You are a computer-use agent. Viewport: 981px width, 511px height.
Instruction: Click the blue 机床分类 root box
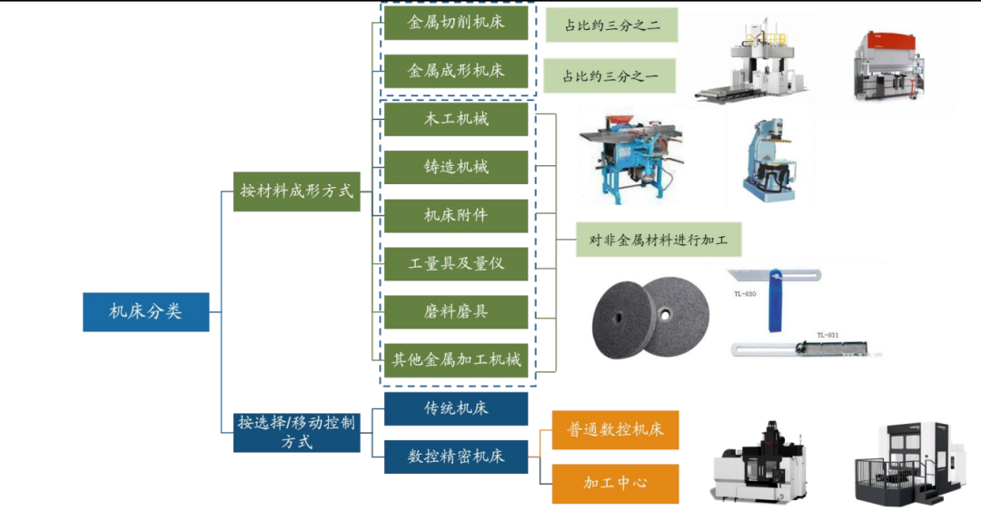tap(145, 311)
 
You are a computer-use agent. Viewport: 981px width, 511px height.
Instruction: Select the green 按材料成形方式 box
tap(296, 192)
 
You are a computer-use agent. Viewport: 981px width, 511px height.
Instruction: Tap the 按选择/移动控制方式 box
tap(296, 432)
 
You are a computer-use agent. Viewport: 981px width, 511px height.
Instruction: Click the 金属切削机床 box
tap(456, 23)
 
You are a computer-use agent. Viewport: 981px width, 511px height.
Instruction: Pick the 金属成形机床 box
tap(456, 71)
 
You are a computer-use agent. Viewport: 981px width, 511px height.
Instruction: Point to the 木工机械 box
tap(456, 119)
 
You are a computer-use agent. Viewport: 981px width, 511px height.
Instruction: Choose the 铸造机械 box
tap(456, 167)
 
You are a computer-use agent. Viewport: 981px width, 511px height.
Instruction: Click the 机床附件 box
tap(456, 216)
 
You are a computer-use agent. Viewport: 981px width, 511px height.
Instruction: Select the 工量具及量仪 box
tap(456, 264)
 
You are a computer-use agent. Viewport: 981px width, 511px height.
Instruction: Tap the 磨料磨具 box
tap(456, 312)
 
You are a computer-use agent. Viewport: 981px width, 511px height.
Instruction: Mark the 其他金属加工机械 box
tap(456, 360)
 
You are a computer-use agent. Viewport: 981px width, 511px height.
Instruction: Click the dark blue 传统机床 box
tap(456, 408)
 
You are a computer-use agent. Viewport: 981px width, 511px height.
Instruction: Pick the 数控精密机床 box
tap(456, 457)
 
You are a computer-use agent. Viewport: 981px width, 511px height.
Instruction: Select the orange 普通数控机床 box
tap(615, 429)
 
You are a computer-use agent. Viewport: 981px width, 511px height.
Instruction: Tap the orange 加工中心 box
tap(615, 484)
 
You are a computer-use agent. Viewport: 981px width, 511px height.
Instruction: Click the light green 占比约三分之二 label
tap(612, 25)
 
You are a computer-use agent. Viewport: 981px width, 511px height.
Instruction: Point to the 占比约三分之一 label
tap(609, 75)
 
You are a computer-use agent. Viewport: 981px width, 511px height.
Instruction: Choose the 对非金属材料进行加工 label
tap(659, 240)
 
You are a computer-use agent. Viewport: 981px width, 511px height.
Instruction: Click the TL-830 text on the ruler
tap(745, 294)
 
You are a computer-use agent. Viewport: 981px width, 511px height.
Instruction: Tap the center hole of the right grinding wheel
tap(665, 315)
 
